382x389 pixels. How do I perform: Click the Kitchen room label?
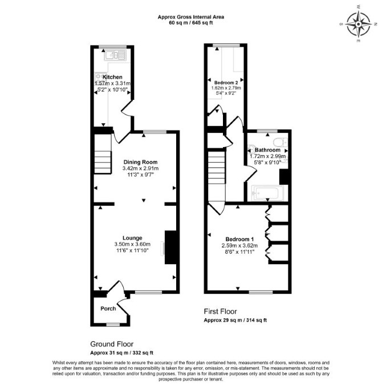(112, 77)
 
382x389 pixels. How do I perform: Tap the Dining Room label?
(140, 162)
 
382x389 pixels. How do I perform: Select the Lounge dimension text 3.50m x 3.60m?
(132, 244)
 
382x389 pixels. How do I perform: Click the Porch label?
(108, 309)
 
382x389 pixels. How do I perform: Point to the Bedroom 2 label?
(226, 82)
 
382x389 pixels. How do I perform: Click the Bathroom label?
(267, 150)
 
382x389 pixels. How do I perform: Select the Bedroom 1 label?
(239, 240)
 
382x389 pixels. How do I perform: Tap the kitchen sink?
(115, 55)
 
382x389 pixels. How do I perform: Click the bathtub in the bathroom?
(267, 193)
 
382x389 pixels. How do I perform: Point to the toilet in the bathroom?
(280, 142)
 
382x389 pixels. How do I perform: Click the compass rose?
(358, 25)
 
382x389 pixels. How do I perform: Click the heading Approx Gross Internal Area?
(191, 17)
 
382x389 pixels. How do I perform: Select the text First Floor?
(220, 311)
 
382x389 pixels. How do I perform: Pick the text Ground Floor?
(112, 344)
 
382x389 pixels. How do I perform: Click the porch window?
(113, 325)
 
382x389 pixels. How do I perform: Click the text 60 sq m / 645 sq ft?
(191, 23)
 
